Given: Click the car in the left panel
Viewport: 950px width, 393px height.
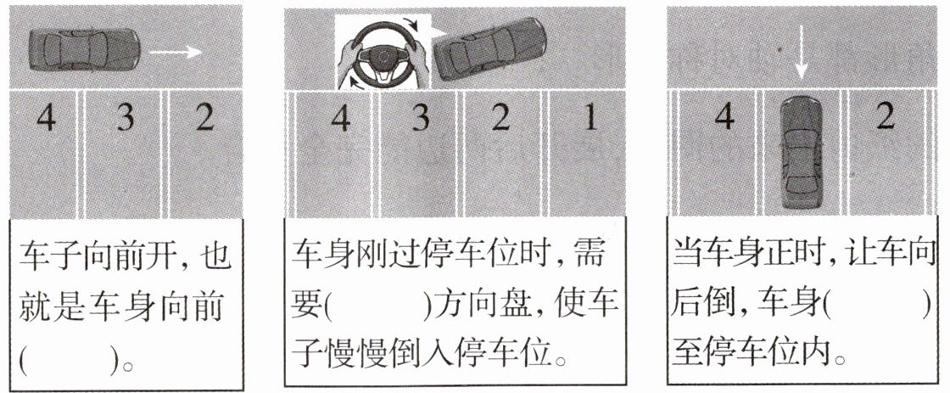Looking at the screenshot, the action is point(84,50).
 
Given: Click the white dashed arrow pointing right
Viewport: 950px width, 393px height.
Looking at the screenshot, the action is point(175,53).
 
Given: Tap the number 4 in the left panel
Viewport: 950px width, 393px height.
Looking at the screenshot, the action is point(46,118).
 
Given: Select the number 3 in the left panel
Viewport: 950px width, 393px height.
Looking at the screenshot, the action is point(126,118).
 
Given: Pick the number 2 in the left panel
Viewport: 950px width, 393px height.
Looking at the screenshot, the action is point(204,118).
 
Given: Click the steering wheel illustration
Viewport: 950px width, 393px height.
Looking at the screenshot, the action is point(383,53).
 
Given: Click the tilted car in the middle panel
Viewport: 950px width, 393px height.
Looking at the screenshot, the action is point(490,49).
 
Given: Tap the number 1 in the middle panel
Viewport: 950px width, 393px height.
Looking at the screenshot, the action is point(590,118).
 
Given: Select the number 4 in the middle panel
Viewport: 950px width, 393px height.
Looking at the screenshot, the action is point(340,118).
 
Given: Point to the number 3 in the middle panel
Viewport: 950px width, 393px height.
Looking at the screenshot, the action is point(421,118).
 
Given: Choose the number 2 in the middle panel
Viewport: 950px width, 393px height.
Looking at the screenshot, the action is point(500,118).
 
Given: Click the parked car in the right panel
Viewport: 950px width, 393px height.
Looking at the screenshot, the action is point(801,152).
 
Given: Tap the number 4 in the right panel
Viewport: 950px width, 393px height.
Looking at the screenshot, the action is point(724,117).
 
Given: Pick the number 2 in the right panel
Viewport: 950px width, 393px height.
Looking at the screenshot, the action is point(886,117).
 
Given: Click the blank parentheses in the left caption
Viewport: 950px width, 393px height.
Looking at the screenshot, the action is point(67,362).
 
